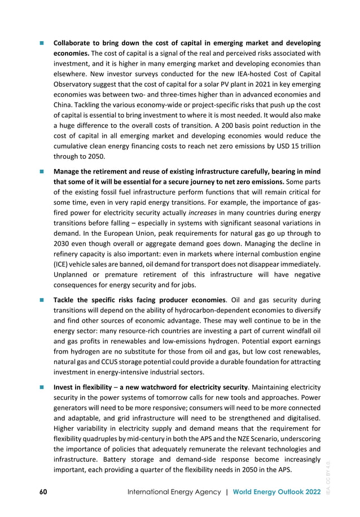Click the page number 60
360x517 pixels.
coord(42,492)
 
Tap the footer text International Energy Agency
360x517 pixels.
coord(175,492)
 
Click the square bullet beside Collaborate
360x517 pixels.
coord(41,43)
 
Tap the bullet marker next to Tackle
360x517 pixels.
coord(41,301)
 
